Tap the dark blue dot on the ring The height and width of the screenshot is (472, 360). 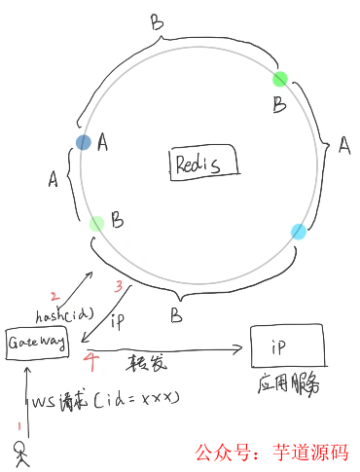click(x=84, y=142)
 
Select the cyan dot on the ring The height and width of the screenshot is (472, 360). click(x=299, y=231)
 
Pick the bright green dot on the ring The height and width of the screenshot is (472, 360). click(x=280, y=79)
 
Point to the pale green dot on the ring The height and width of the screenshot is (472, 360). click(x=96, y=225)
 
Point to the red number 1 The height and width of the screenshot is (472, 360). click(x=16, y=425)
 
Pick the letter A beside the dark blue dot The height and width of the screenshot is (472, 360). click(x=103, y=143)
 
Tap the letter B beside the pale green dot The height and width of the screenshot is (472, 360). click(x=117, y=223)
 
